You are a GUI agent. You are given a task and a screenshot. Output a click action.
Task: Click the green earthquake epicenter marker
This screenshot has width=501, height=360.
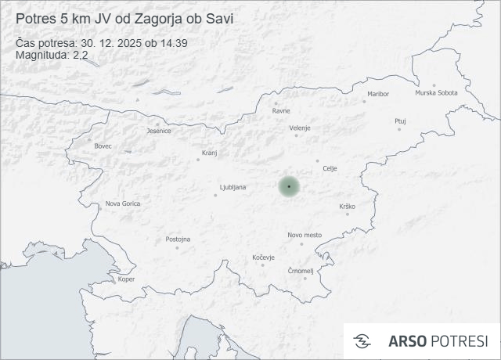pyautogui.click(x=289, y=186)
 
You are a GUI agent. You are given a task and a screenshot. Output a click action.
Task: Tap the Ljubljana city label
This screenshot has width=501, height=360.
pyautogui.click(x=233, y=187)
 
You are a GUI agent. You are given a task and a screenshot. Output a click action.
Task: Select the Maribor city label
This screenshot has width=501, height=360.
pyautogui.click(x=377, y=94)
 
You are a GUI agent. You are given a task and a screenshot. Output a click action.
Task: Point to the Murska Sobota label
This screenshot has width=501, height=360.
pyautogui.click(x=436, y=93)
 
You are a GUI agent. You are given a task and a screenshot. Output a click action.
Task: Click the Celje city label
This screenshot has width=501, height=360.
pyautogui.click(x=330, y=168)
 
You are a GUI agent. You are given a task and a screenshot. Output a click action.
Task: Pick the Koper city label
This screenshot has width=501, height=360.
pyautogui.click(x=126, y=279)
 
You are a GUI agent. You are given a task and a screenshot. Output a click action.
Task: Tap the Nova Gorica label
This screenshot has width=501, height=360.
pyautogui.click(x=124, y=203)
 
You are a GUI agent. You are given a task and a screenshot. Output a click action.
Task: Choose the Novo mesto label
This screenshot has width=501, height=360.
pyautogui.click(x=305, y=235)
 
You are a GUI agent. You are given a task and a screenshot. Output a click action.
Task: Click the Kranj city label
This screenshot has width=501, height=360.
pyautogui.click(x=209, y=153)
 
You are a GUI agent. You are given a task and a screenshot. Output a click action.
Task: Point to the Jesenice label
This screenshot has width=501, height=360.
pyautogui.click(x=159, y=131)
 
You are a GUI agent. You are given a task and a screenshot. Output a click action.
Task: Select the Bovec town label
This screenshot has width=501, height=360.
pyautogui.click(x=103, y=146)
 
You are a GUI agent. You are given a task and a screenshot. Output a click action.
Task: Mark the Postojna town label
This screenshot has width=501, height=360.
pyautogui.click(x=178, y=239)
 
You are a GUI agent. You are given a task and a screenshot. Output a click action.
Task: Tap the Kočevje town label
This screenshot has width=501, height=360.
pyautogui.click(x=264, y=257)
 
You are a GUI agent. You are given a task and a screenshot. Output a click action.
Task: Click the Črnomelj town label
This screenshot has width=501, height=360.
pyautogui.click(x=301, y=271)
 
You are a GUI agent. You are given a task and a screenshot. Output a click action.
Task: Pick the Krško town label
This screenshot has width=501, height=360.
pyautogui.click(x=348, y=206)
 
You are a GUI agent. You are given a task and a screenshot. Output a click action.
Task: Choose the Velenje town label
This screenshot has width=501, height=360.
pyautogui.click(x=300, y=128)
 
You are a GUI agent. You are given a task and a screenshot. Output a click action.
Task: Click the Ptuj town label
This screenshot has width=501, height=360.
pyautogui.click(x=401, y=121)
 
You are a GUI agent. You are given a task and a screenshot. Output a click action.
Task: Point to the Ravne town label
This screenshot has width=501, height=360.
pyautogui.click(x=281, y=110)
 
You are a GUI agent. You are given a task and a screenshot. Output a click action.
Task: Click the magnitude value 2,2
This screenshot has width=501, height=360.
pyautogui.click(x=79, y=55)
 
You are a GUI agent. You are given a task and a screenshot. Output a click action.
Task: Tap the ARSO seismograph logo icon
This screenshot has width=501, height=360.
pyautogui.click(x=362, y=341)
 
